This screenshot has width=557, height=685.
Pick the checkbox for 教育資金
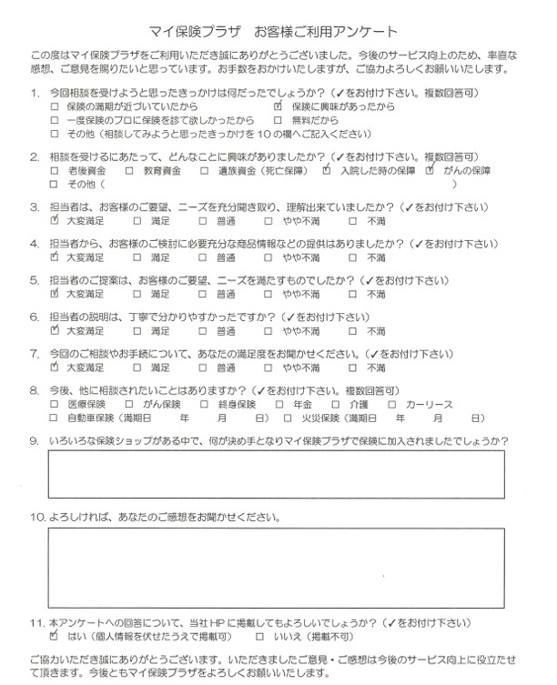130,170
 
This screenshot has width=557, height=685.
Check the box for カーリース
392,405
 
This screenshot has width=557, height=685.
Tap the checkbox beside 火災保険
278,418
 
